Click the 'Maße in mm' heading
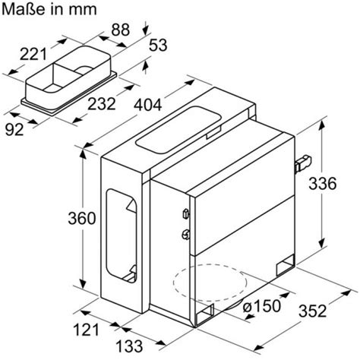(x=49, y=9)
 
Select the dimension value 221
(x=33, y=55)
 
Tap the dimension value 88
(x=121, y=30)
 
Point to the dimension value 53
(x=158, y=45)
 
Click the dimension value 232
(x=102, y=104)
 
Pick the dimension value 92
(x=14, y=130)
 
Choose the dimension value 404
(x=148, y=105)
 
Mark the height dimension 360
(x=82, y=218)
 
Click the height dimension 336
(x=323, y=184)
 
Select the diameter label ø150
(x=262, y=306)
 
